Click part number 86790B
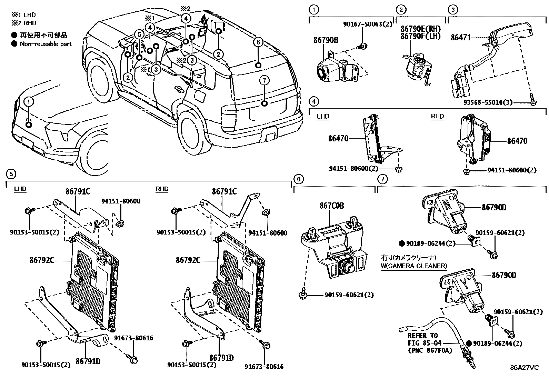click(x=326, y=40)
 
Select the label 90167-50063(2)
click(x=368, y=24)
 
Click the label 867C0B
click(x=331, y=206)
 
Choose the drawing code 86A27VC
click(x=525, y=367)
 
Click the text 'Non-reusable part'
click(x=46, y=44)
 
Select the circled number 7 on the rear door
click(x=264, y=80)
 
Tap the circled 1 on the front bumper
click(x=29, y=101)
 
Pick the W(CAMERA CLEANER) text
click(x=414, y=266)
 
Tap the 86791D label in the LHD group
click(x=88, y=361)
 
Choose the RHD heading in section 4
click(x=437, y=116)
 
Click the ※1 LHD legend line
click(x=23, y=15)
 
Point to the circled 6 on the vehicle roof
click(x=258, y=42)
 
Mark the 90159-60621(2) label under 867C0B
click(x=349, y=295)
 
